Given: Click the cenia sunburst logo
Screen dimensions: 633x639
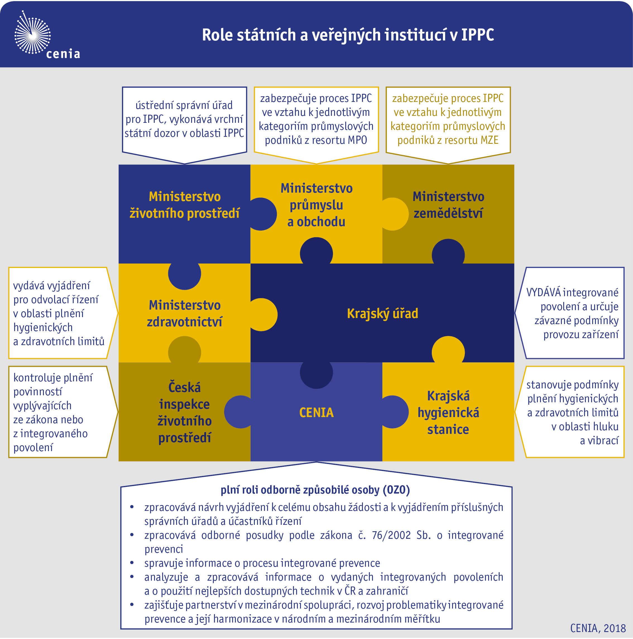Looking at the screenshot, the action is [x=32, y=33].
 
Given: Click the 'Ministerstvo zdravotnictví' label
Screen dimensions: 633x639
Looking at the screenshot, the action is [x=184, y=313].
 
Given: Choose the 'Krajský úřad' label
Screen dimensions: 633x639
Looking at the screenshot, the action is [x=382, y=313].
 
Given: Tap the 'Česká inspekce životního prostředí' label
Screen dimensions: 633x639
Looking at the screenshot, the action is [x=184, y=412].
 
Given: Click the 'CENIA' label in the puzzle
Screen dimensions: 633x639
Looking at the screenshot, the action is [x=317, y=412].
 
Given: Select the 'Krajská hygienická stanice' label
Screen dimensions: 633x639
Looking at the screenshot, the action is [x=448, y=412].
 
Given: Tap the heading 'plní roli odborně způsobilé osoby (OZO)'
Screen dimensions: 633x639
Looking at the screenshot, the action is [x=315, y=490].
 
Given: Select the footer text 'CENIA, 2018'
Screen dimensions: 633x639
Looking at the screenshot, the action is [x=598, y=628].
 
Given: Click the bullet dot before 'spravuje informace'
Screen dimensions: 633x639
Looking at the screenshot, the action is [x=132, y=563].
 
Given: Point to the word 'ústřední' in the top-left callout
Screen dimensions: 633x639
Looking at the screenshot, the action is [x=154, y=105].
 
